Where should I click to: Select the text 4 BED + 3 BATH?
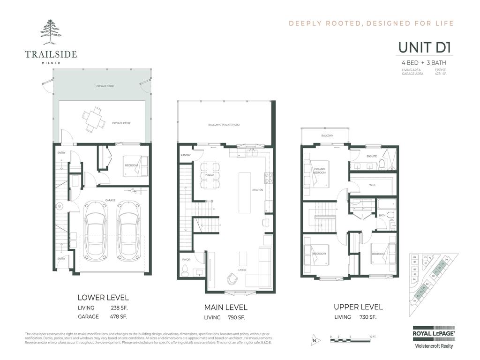coord(423,63)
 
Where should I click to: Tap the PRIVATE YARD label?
coord(105,86)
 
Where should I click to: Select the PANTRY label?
coord(185,155)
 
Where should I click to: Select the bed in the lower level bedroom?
coord(135,166)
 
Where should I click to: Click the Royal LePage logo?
coord(433,332)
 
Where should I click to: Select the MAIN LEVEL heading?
coord(225,307)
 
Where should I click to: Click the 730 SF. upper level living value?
coord(367,317)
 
